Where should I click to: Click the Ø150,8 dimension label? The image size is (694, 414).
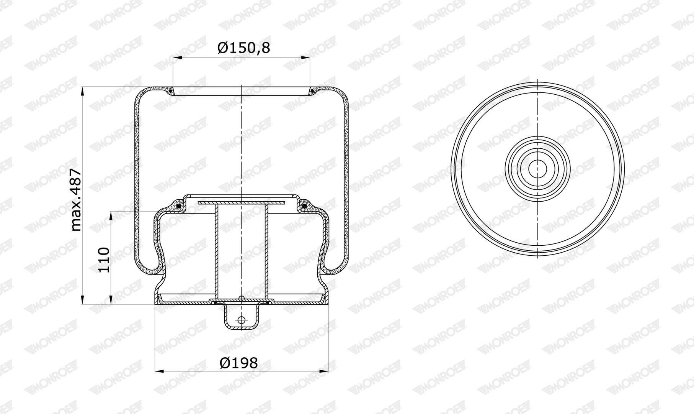click(244, 48)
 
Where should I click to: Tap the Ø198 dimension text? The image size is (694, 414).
click(239, 363)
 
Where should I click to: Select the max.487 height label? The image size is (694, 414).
click(76, 199)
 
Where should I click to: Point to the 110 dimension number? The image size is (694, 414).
click(104, 260)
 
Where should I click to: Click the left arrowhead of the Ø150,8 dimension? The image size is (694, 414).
click(177, 58)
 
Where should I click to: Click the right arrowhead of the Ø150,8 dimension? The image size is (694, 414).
click(305, 58)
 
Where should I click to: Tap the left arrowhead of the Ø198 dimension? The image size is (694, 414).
click(160, 371)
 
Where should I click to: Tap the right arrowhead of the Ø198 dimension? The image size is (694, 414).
click(324, 371)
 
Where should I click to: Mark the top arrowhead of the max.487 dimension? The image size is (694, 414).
click(83, 92)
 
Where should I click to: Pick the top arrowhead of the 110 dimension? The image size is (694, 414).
click(111, 216)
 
